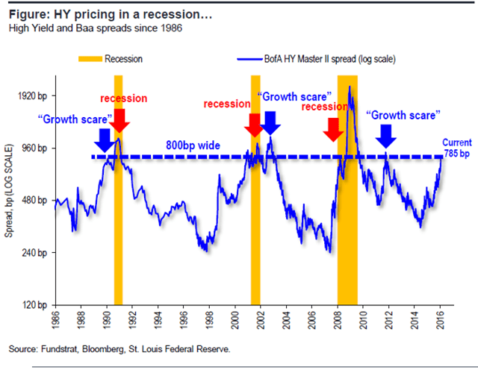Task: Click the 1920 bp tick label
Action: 31,96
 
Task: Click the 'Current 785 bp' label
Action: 456,147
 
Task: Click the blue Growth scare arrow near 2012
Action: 386,135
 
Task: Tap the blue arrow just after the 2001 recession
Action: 270,122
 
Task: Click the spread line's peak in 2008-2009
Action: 350,87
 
